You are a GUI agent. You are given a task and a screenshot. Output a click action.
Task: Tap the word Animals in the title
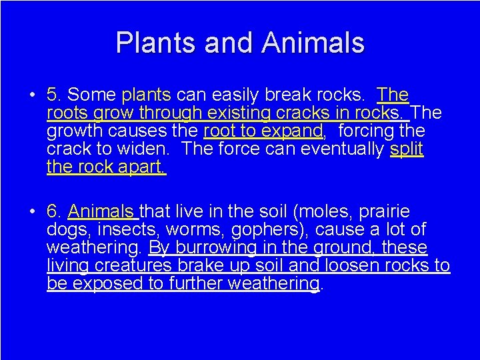313,43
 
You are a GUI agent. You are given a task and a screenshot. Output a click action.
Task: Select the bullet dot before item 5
31,95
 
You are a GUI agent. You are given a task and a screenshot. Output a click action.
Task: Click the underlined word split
407,148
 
